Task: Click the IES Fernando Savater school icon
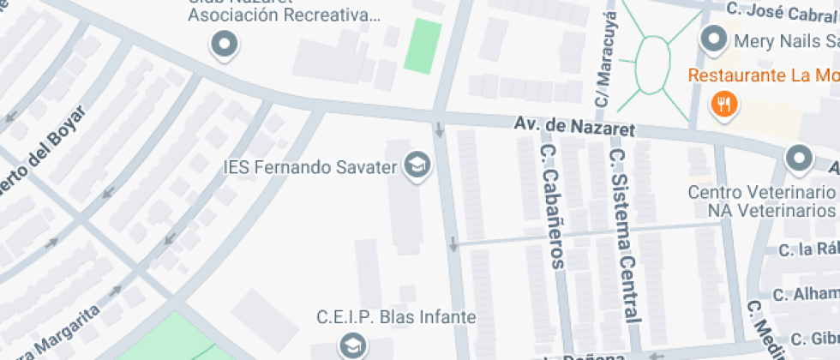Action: click(417, 165)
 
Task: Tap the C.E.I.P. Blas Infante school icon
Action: click(351, 346)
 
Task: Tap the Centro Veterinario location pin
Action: click(799, 159)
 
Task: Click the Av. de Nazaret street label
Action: click(575, 127)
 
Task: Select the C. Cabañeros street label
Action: click(552, 206)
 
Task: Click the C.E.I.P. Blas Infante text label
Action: click(396, 317)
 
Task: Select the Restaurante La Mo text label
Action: click(763, 75)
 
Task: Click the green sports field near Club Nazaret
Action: click(423, 46)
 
